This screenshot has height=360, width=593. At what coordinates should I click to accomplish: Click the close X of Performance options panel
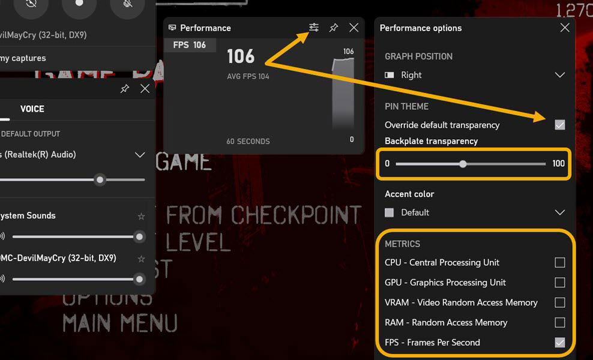click(565, 28)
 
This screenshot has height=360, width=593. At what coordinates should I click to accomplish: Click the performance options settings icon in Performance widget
click(314, 28)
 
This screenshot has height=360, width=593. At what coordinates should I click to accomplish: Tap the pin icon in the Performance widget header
click(334, 28)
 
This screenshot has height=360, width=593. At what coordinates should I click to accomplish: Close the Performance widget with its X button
click(354, 28)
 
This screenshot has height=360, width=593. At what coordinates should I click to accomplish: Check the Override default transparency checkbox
click(559, 125)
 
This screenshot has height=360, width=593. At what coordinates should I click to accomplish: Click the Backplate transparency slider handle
click(463, 163)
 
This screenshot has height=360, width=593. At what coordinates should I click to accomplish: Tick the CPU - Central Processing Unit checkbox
click(559, 262)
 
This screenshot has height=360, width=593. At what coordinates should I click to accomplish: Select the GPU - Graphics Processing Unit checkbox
click(559, 283)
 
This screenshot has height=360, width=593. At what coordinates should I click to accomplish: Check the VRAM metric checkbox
click(559, 302)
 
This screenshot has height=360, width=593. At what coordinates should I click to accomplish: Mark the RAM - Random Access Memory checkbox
click(559, 322)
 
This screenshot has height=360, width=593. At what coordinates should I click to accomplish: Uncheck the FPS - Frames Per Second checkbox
click(559, 343)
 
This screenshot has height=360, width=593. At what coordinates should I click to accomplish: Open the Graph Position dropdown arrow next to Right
click(559, 75)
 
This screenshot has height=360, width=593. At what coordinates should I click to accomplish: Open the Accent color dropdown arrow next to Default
click(559, 212)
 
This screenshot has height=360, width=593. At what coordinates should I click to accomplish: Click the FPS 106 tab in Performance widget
click(190, 45)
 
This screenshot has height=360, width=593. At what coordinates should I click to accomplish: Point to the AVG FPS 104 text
click(248, 77)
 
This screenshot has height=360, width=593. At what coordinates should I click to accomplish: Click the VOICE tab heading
click(32, 109)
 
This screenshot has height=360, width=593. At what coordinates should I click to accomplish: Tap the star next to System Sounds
click(141, 216)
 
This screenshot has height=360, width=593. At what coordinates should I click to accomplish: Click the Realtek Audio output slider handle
click(100, 179)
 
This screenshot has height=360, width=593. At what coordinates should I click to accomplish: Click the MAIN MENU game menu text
click(120, 323)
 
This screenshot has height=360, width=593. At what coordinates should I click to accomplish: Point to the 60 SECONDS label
click(248, 142)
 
